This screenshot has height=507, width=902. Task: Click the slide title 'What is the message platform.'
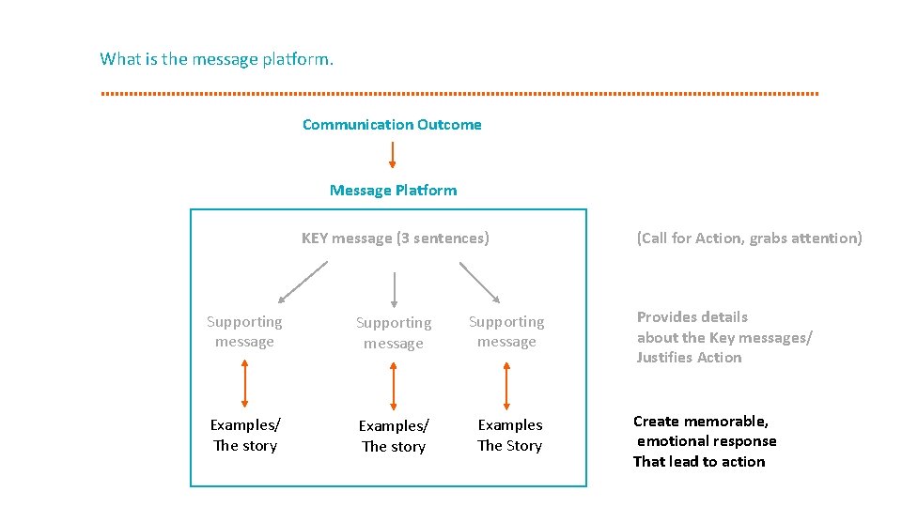click(216, 59)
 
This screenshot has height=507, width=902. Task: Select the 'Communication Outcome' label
click(392, 125)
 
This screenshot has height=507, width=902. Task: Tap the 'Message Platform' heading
click(393, 191)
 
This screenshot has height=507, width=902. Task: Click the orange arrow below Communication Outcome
click(393, 155)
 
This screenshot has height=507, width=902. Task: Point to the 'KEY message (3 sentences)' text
click(395, 238)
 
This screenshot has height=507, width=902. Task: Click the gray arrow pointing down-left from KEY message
click(303, 282)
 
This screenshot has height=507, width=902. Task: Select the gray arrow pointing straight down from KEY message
click(394, 289)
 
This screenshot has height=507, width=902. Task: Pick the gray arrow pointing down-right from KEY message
click(480, 282)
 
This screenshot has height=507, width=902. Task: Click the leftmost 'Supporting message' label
click(244, 331)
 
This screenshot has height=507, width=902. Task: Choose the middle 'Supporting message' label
click(394, 332)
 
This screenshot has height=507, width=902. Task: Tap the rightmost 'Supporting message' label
click(506, 331)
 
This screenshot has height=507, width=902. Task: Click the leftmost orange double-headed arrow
click(244, 384)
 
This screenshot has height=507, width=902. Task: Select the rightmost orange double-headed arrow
click(506, 384)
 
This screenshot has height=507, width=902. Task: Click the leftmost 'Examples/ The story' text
click(245, 436)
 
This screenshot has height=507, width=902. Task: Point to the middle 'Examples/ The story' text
click(394, 437)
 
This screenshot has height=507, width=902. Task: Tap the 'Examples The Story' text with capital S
click(509, 436)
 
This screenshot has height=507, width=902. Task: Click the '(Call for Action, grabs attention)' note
click(749, 238)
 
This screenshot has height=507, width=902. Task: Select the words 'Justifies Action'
click(689, 358)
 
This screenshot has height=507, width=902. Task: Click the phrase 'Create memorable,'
click(701, 422)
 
